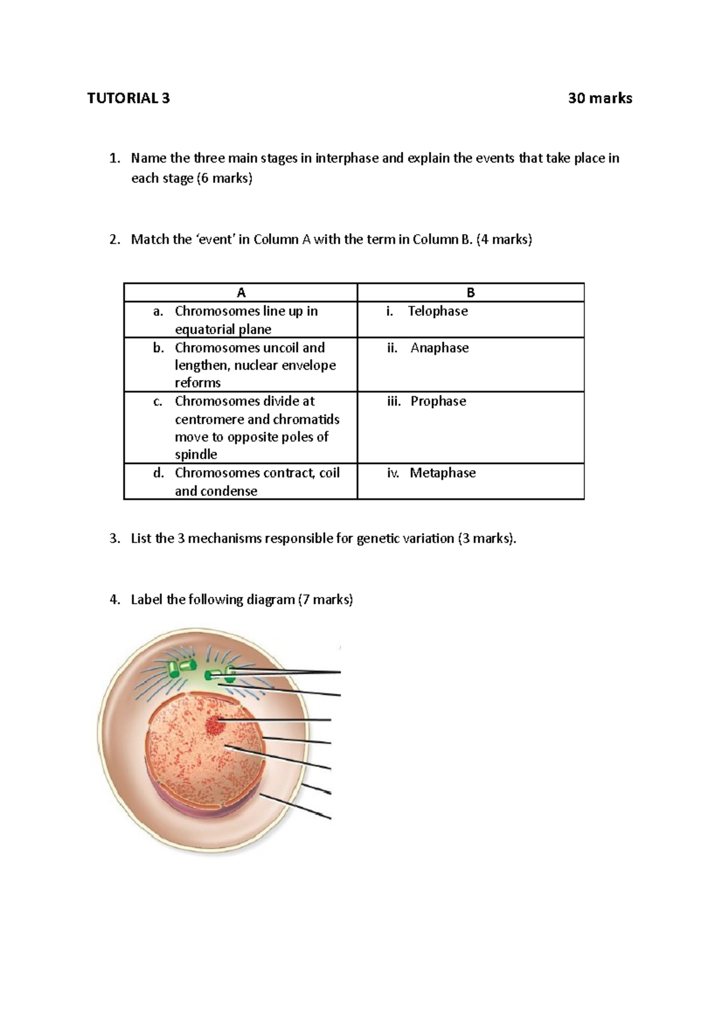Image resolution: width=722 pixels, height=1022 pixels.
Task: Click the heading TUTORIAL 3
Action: pos(128,98)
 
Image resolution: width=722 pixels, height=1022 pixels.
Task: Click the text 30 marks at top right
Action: pos(600,98)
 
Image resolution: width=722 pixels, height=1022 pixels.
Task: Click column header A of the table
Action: pos(241,293)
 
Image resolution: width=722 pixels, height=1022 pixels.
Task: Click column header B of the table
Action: pos(471,293)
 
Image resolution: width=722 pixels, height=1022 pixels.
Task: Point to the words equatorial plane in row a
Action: pos(223,329)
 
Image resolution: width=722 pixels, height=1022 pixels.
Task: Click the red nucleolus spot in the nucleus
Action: pos(214,725)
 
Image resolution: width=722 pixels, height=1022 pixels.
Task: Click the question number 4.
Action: pos(114,599)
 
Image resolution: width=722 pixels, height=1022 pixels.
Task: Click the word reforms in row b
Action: pos(197,383)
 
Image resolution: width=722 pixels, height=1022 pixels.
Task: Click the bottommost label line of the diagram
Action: pos(295,806)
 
